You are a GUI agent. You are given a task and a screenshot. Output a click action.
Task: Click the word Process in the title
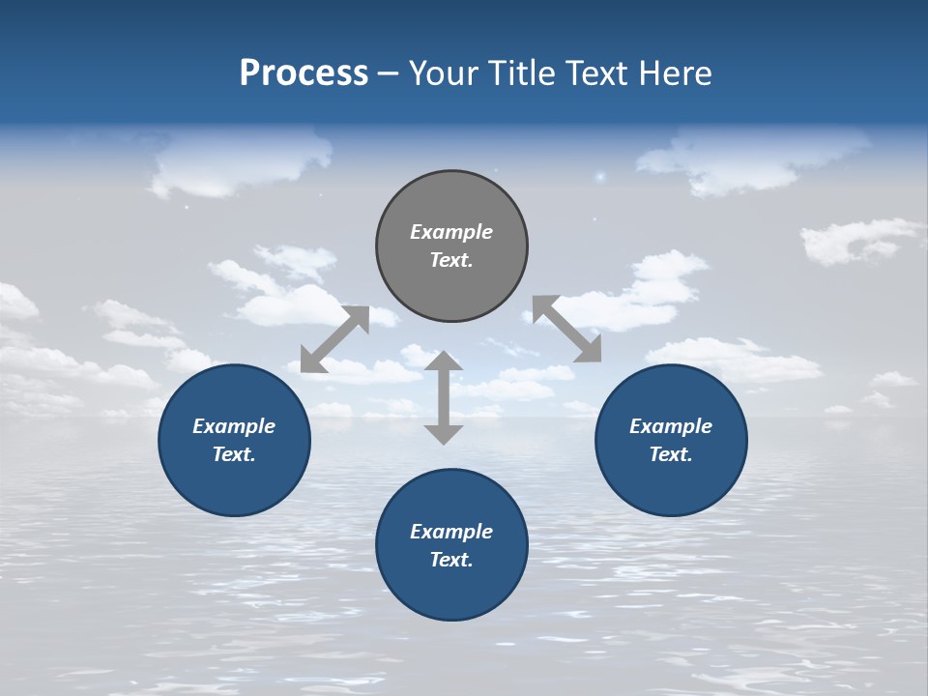pos(304,73)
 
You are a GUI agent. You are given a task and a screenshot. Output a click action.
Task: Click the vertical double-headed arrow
pos(444,397)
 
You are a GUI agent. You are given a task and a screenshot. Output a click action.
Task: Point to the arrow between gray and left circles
pos(334,339)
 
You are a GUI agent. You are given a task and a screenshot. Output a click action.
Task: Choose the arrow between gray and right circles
pos(567,329)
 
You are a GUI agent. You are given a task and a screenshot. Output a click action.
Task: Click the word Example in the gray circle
pos(451,232)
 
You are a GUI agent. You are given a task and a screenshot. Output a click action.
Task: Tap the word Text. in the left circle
pos(234,454)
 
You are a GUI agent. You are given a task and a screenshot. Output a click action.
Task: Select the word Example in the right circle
pos(671,426)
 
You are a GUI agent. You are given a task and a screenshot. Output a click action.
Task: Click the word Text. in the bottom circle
pos(451,560)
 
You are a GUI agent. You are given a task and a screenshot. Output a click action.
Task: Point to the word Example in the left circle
pos(234,426)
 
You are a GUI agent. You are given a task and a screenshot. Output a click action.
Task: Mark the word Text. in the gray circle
pos(451,260)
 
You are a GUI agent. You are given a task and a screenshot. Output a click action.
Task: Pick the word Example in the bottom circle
pos(451,532)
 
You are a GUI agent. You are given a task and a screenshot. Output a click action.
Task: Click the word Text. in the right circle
pos(671,454)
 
